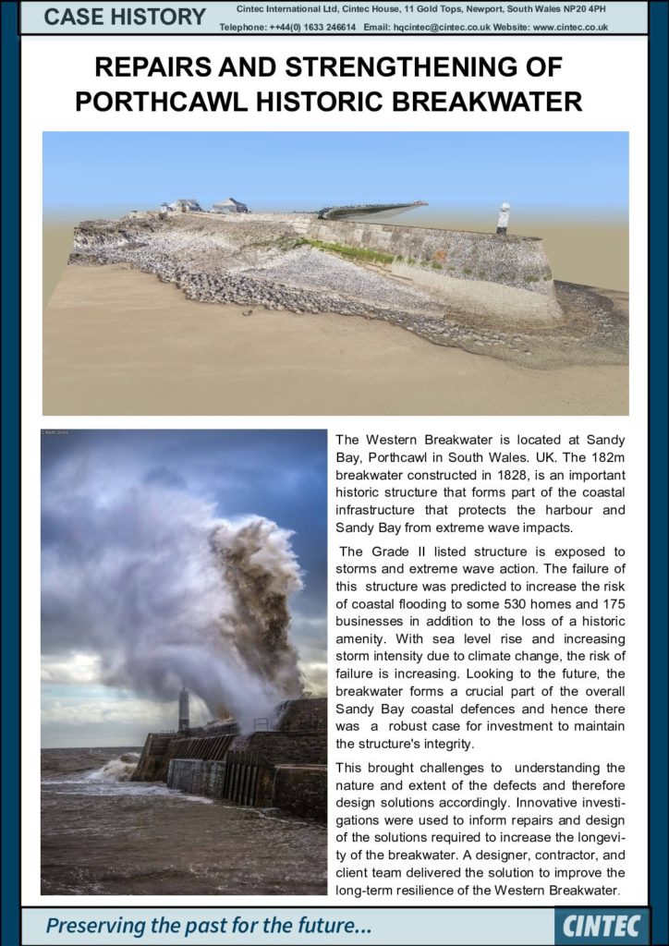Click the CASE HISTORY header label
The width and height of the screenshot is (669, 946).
pyautogui.click(x=126, y=17)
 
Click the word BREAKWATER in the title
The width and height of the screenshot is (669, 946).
pyautogui.click(x=497, y=101)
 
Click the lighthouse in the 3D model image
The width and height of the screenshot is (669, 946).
pyautogui.click(x=503, y=217)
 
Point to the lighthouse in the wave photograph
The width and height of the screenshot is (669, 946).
pyautogui.click(x=184, y=708)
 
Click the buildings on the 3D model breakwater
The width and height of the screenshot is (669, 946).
pyautogui.click(x=208, y=205)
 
